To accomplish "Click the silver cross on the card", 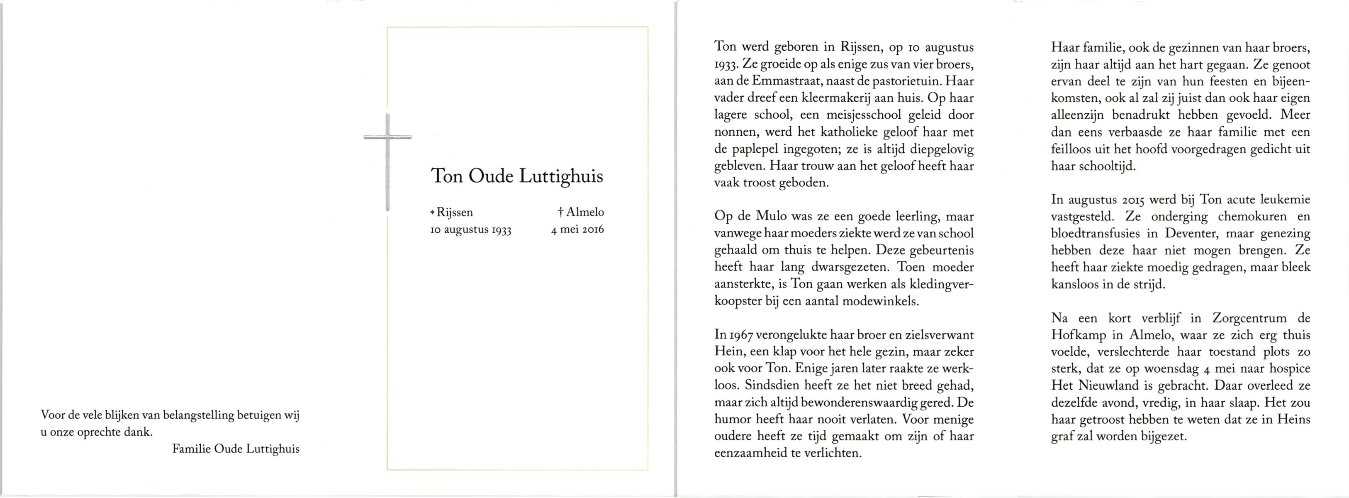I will [x=387, y=157].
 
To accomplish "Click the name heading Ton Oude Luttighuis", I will [x=516, y=176].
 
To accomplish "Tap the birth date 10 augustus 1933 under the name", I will [x=470, y=229].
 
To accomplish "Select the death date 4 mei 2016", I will [x=577, y=229].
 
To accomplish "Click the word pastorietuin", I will [x=907, y=81].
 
